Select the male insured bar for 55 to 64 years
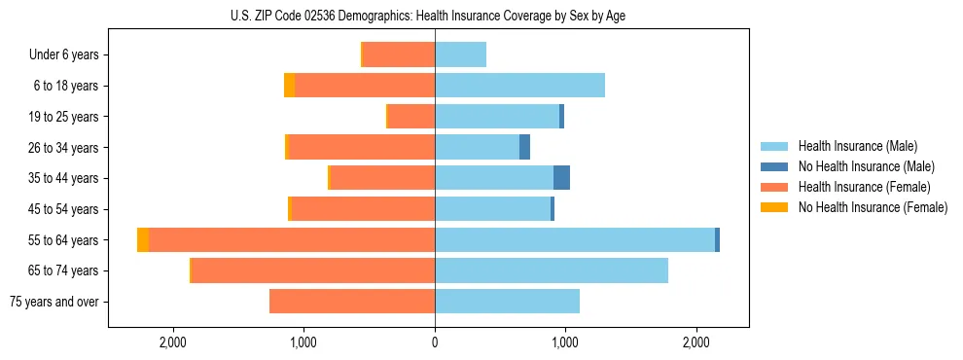574,239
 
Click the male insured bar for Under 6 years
460,55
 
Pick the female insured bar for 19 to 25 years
410,117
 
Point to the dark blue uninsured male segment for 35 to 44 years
561,178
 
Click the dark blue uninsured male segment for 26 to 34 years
524,147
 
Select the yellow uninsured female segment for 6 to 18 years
289,86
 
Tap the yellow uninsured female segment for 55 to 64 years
143,239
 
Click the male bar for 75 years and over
507,302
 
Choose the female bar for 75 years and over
352,302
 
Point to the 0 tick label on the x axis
435,342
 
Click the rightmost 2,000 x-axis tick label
695,342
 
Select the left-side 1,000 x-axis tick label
303,342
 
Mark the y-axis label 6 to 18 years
66,86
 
